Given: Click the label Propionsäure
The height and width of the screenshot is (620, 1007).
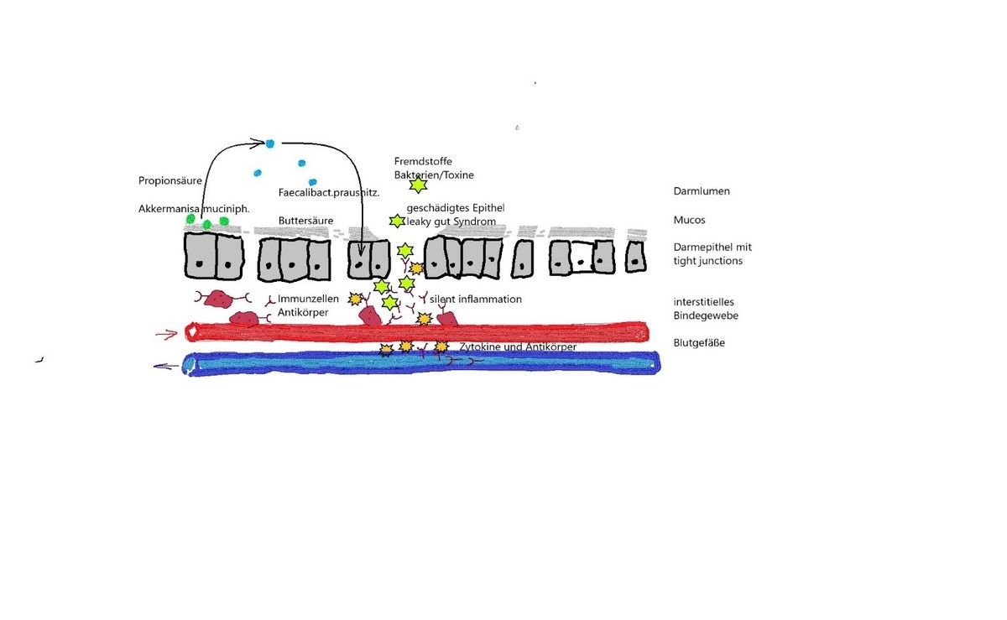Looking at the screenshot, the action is [x=170, y=180].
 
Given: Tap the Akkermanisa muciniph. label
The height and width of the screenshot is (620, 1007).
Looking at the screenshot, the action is [x=194, y=209].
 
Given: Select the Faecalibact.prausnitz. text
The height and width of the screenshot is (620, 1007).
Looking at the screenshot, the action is [x=329, y=193].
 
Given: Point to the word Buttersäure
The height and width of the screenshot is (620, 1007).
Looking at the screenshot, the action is [x=305, y=221].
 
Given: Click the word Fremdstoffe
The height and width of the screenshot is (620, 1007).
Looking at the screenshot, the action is [x=423, y=161].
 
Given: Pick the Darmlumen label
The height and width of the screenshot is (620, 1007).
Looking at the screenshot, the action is [x=702, y=191].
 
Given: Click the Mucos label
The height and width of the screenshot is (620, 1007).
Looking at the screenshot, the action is [x=689, y=220].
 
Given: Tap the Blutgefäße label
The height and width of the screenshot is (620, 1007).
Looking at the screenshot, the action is [x=699, y=342].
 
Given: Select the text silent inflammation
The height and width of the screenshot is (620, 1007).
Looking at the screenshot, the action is [x=476, y=299].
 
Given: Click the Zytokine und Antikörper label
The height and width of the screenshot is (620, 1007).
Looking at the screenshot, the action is [x=518, y=346].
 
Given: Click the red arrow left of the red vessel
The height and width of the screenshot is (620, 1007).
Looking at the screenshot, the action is [x=166, y=334].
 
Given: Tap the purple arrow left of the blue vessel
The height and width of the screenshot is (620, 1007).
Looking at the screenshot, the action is [x=166, y=367].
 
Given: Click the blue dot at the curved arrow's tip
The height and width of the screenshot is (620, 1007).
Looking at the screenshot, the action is [x=269, y=143].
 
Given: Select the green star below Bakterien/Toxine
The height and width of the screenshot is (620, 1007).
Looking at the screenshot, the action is [x=418, y=185].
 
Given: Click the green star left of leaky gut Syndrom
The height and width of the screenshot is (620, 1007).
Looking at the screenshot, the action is [x=397, y=221].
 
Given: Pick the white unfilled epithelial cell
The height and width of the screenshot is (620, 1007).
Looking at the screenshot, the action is [x=582, y=257].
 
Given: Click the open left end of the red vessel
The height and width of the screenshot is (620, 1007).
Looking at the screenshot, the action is [x=192, y=332].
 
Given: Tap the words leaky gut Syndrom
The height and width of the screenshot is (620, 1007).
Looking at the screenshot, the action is [x=451, y=221].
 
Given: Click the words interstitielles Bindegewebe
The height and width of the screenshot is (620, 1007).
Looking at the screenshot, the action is [x=706, y=309].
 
